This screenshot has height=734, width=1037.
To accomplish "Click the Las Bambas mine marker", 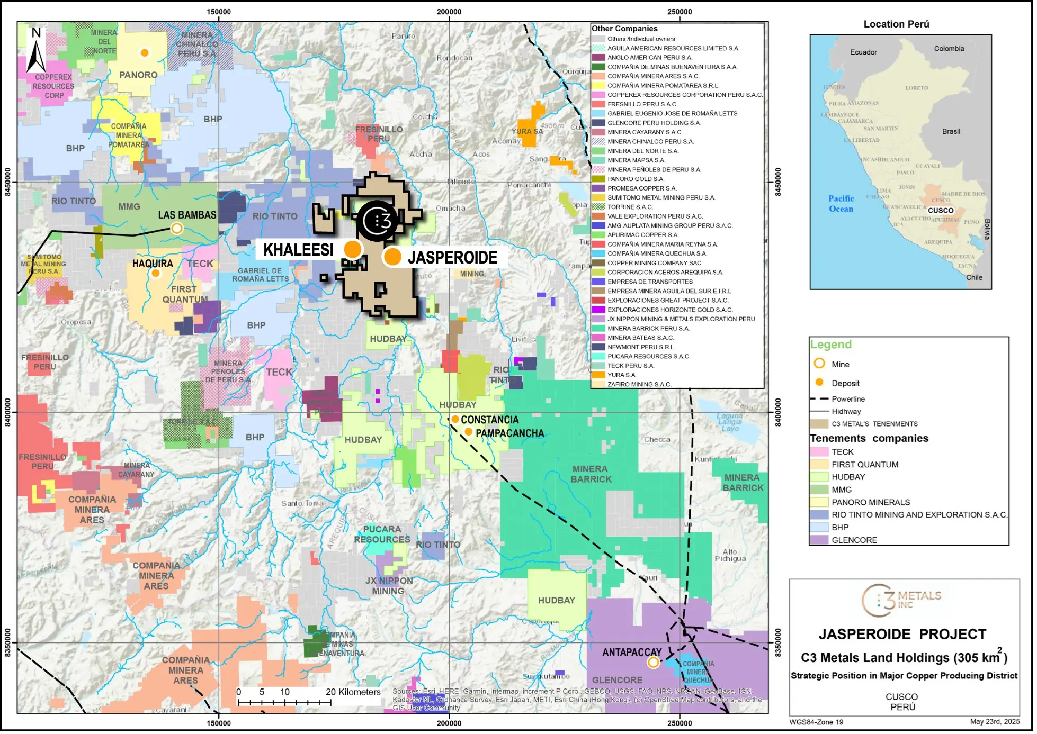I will pos(177,229).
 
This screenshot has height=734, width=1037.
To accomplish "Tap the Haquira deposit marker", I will pos(156,274).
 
